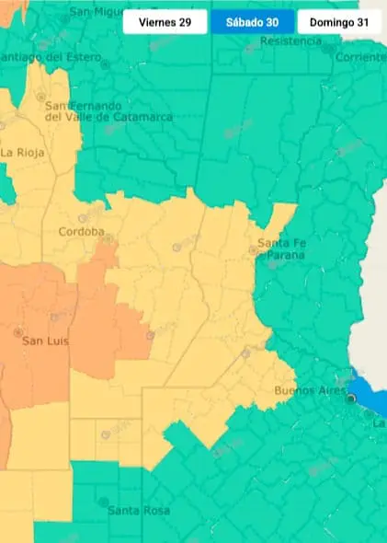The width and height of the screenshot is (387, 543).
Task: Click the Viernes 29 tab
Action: click(165, 22)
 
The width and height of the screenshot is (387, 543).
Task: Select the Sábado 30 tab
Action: click(252, 22)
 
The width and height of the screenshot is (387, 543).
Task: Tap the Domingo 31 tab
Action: click(338, 22)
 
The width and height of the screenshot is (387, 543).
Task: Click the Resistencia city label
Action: click(291, 41)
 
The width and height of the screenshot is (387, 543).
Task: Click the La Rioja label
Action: click(22, 152)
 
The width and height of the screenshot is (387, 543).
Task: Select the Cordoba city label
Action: click(81, 231)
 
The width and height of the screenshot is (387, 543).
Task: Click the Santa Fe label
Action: click(279, 243)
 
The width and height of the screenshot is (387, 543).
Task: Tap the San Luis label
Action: click(45, 341)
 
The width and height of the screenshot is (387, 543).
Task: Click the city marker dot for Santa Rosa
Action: click(103, 502)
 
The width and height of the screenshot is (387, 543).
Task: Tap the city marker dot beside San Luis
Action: click(17, 331)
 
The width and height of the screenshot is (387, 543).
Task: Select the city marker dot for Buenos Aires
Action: click(349, 399)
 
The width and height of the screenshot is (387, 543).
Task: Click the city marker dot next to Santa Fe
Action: click(253, 249)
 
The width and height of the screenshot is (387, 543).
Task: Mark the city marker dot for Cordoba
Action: click(108, 237)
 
